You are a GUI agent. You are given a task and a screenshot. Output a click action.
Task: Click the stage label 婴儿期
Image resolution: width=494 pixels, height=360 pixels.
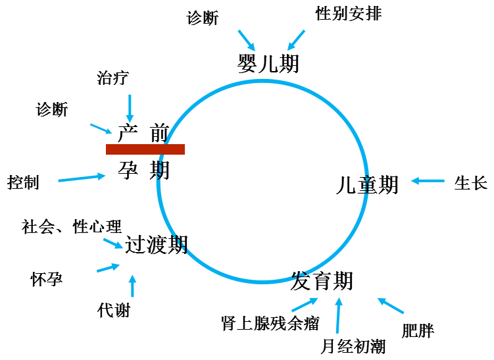[268, 63]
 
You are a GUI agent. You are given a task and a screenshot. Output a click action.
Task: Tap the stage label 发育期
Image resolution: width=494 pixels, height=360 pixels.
[322, 281]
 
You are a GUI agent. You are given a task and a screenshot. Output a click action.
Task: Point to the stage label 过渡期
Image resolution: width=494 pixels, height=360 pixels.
[157, 245]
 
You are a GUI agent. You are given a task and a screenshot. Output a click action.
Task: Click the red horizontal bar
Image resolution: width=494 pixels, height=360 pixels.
[145, 149]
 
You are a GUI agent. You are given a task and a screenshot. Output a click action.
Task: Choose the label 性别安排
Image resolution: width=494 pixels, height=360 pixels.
[348, 14]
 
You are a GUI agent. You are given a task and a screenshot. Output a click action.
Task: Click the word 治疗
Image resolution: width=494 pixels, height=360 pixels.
[112, 78]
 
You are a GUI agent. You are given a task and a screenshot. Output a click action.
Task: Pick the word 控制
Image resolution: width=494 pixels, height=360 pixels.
[23, 182]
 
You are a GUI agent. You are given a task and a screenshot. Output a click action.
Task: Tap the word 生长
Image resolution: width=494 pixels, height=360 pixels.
[470, 183]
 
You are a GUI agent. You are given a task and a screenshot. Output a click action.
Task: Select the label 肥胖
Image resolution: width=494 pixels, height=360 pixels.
[418, 330]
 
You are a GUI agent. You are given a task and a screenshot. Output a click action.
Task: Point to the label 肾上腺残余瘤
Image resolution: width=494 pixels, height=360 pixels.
[270, 323]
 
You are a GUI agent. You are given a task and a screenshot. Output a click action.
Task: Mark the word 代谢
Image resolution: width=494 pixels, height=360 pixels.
[114, 309]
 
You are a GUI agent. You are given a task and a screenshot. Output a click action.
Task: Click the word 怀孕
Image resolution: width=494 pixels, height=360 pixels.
[47, 278]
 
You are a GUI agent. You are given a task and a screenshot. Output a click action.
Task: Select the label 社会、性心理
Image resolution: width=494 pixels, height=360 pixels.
[72, 227]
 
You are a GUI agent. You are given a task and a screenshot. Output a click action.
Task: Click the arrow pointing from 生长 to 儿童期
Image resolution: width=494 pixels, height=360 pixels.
[428, 181]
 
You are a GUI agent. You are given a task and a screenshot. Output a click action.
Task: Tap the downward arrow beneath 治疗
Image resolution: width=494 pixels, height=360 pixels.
[130, 107]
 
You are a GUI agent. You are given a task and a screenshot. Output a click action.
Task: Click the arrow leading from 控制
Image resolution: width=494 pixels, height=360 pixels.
[82, 178]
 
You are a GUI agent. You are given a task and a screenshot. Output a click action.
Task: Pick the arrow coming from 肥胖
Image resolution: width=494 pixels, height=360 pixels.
[391, 306]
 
